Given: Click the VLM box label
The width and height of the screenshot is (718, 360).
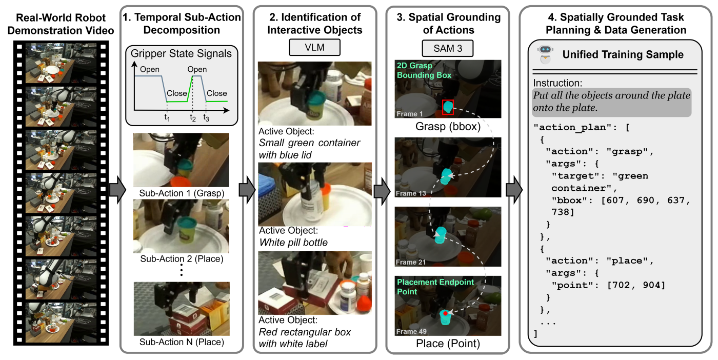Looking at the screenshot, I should tap(314, 48).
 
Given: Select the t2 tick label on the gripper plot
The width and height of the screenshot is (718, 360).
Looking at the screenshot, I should tap(193, 117).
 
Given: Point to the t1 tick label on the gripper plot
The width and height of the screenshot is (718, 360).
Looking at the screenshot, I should tap(167, 117).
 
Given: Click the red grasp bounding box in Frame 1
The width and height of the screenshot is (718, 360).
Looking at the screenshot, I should tap(448, 107).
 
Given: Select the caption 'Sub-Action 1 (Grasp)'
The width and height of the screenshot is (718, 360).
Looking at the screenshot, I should tap(181, 193).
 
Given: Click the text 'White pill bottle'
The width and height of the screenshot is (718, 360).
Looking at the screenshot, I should tap(293, 242).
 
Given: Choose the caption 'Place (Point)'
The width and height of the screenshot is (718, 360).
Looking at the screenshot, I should tap(448, 344).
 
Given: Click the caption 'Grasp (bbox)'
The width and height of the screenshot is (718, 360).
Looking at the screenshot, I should tap(448, 126).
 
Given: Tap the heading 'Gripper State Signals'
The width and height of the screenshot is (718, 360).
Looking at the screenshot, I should tap(181, 53).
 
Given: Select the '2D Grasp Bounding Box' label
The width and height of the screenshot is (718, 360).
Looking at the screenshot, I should tap(423, 71).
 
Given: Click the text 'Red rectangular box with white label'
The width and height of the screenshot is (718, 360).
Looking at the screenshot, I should tap(305, 338).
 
